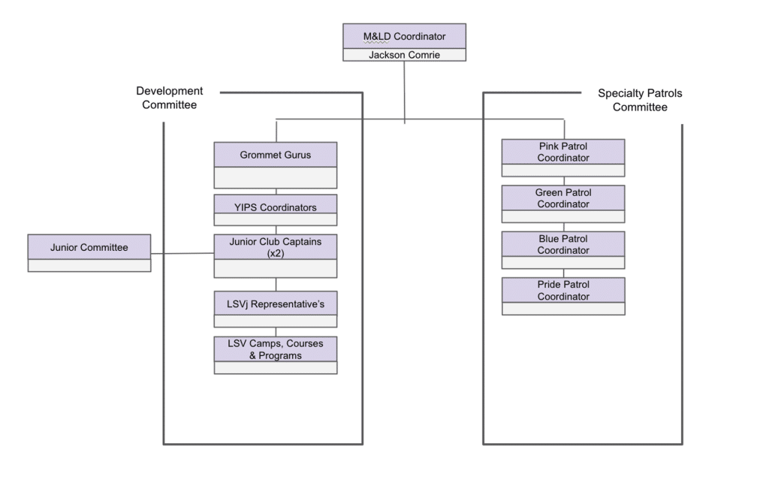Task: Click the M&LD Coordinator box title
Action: [404, 36]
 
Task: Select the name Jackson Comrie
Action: [404, 55]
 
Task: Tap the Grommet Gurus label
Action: [275, 155]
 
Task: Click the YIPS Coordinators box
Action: [275, 210]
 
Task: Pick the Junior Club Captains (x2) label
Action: [275, 247]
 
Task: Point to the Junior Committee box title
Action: [89, 247]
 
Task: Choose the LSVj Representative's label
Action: [275, 304]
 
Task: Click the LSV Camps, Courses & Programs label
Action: [275, 349]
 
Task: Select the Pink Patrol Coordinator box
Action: [563, 158]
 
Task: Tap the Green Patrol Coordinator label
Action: [563, 198]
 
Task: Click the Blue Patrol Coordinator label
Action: [563, 244]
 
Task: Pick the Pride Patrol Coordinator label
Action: [563, 291]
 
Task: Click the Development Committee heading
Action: [169, 98]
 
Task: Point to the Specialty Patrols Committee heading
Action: [640, 100]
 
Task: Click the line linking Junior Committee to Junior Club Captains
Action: [182, 253]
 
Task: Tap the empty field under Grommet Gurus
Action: [275, 178]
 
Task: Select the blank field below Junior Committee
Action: [89, 265]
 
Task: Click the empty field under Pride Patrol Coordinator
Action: [563, 309]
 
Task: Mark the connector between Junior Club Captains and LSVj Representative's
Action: [276, 285]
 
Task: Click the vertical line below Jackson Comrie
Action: [404, 92]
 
